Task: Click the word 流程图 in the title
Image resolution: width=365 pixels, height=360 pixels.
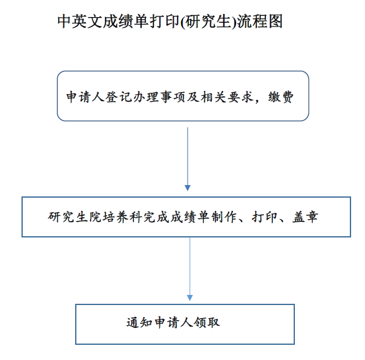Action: click(260, 21)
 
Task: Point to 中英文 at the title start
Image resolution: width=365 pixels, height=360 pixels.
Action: click(80, 21)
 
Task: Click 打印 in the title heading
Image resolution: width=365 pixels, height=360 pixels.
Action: click(164, 21)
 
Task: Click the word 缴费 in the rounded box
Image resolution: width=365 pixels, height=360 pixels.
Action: click(281, 97)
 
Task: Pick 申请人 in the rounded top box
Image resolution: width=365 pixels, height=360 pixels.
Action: click(85, 97)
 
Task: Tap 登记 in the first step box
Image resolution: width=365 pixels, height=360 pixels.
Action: click(119, 97)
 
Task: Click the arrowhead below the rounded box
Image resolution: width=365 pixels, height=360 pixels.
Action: click(188, 188)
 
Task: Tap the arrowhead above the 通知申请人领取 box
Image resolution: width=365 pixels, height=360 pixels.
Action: click(189, 298)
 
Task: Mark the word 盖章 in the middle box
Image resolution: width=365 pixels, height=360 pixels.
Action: click(305, 217)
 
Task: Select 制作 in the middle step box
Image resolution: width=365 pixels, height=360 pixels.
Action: click(224, 217)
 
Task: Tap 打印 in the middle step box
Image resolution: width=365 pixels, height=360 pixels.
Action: click(265, 217)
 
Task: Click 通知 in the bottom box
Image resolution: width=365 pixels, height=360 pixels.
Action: click(140, 323)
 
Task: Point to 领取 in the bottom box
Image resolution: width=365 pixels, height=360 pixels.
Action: click(207, 323)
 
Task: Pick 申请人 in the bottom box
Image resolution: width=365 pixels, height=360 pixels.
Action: click(174, 323)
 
